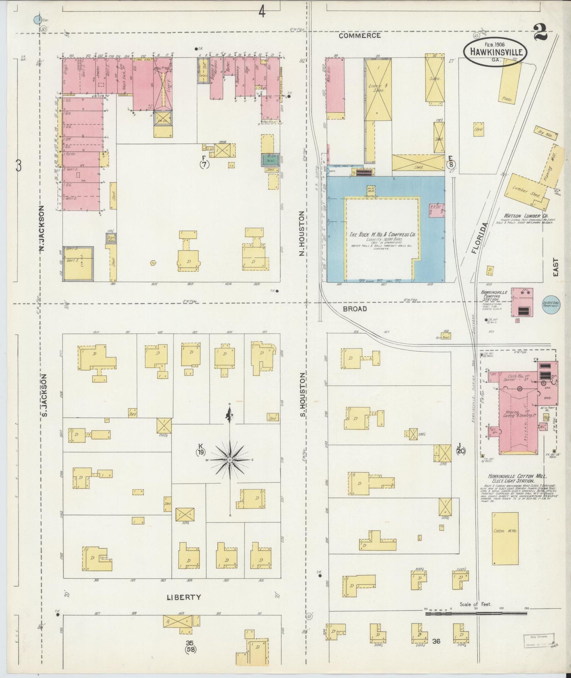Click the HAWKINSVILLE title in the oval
[496, 52]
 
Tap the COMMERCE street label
[360, 36]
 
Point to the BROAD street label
[354, 309]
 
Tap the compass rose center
[230, 460]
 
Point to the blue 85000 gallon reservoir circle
[551, 305]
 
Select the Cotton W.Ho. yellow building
[505, 538]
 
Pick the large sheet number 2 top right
[540, 32]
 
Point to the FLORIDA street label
[479, 237]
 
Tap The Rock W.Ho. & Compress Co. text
[382, 235]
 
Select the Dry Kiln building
[546, 133]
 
